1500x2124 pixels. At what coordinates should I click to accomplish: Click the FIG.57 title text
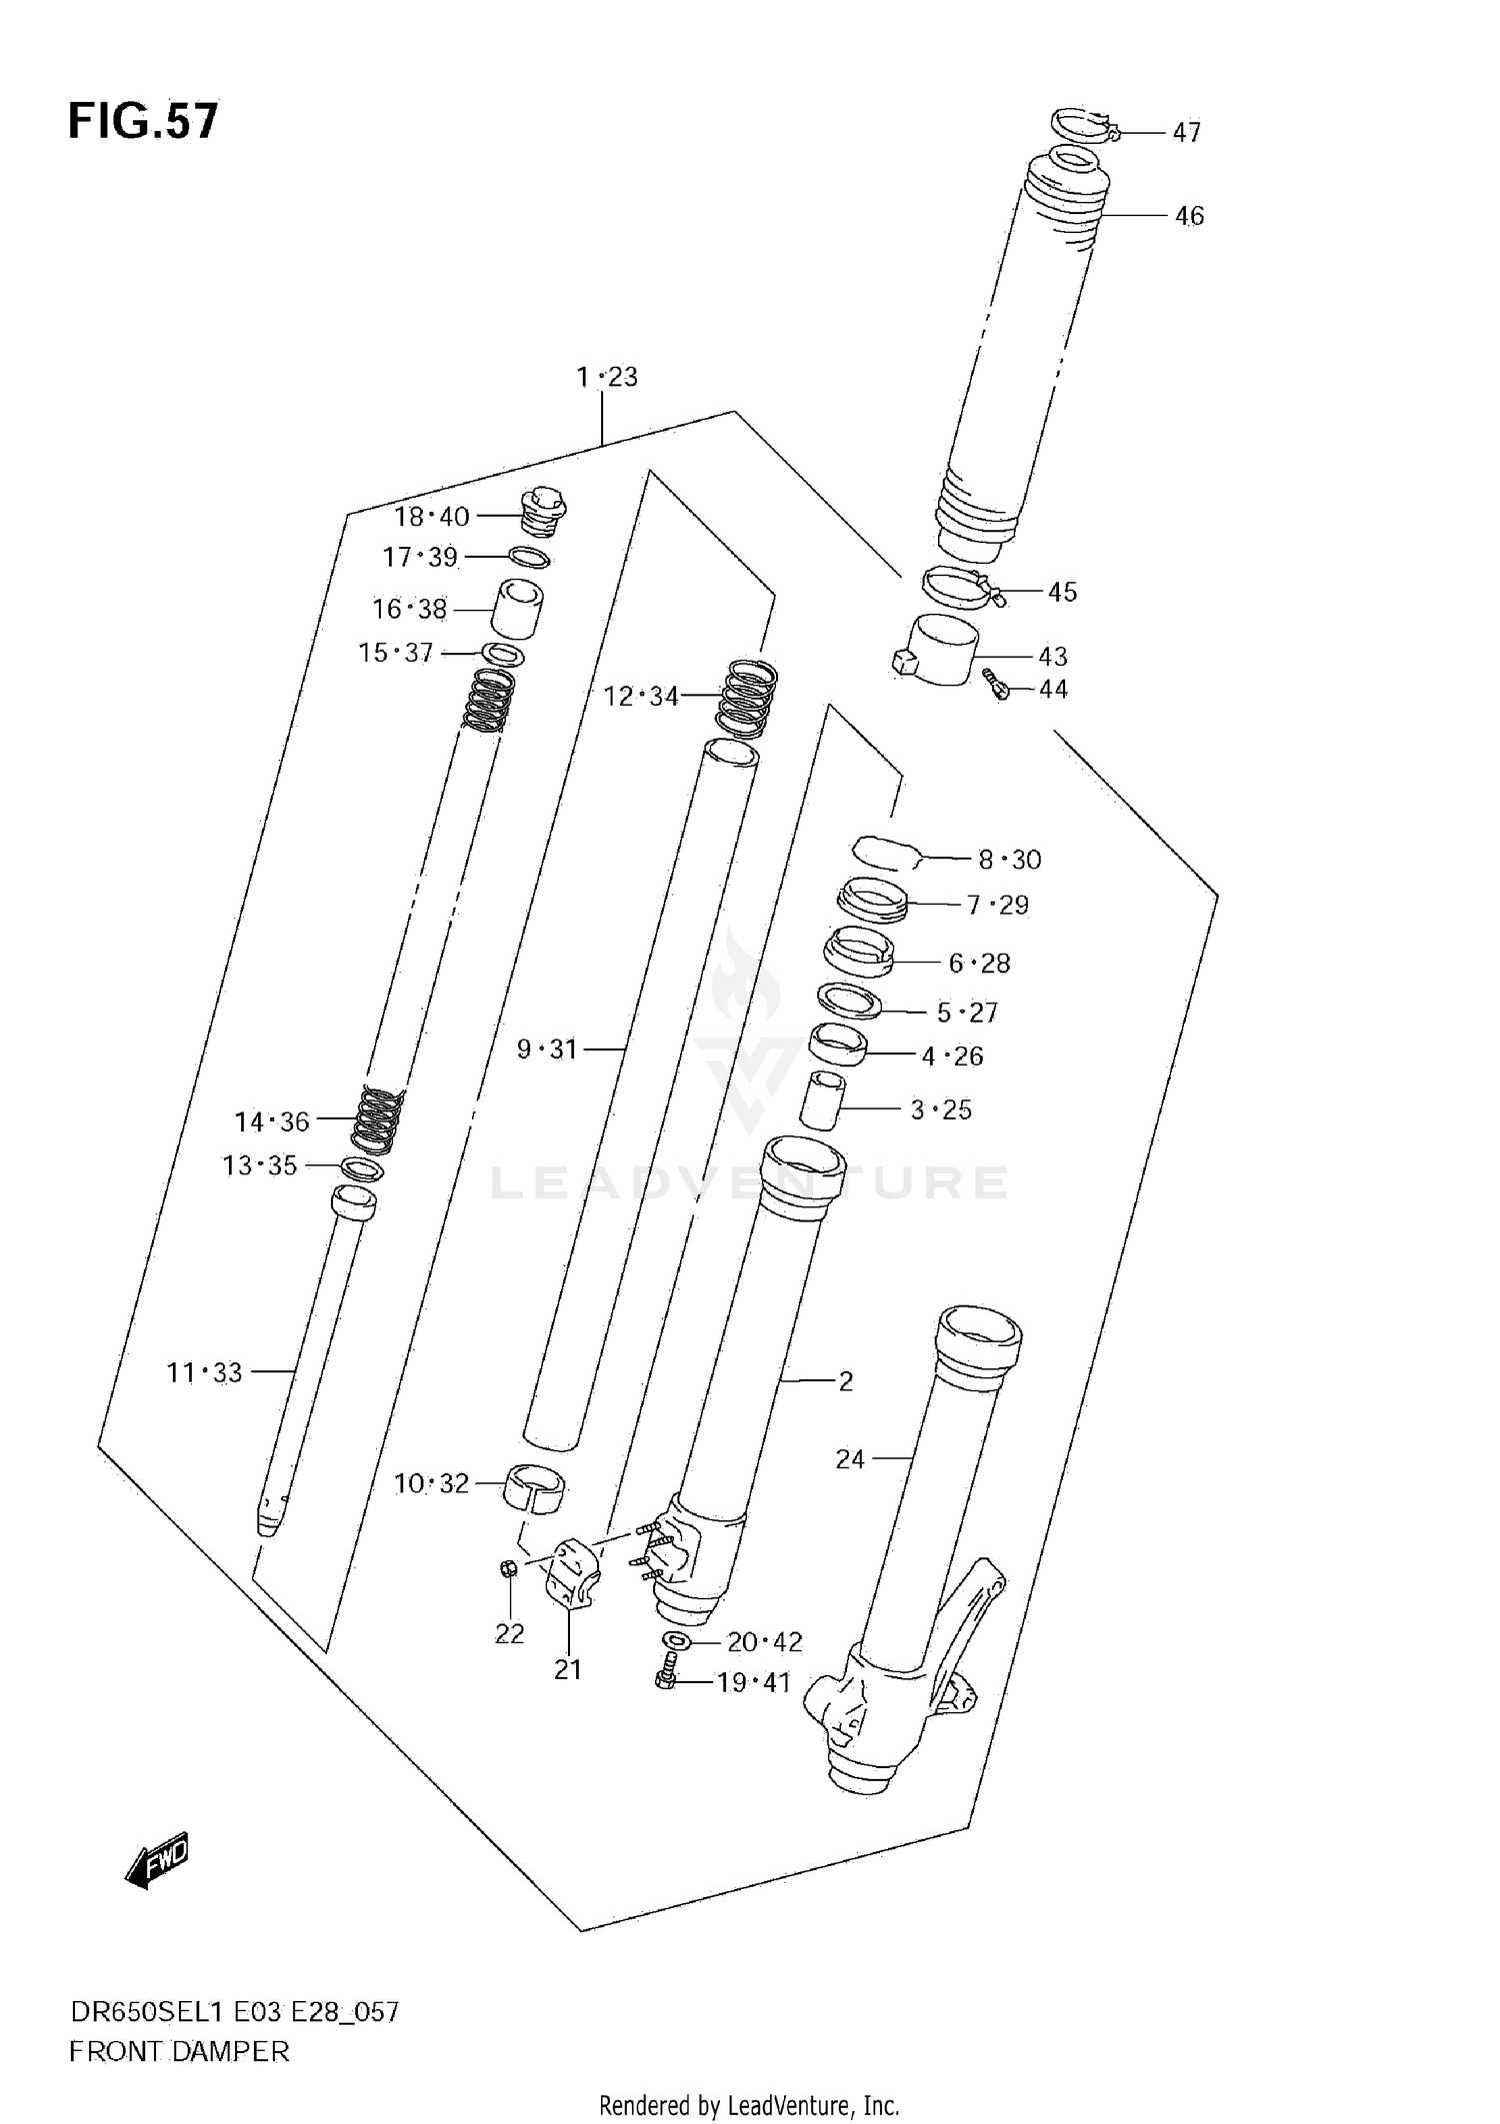(142, 121)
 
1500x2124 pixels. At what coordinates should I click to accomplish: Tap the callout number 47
(1186, 132)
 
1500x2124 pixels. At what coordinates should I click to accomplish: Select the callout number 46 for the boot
(1188, 216)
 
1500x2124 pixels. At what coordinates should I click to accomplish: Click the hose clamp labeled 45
(958, 588)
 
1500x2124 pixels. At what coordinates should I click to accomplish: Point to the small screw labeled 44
(996, 686)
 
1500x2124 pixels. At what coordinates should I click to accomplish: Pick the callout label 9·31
(547, 1050)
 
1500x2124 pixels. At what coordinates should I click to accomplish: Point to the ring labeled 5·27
(849, 1001)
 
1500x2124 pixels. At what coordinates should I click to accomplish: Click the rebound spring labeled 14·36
(380, 1119)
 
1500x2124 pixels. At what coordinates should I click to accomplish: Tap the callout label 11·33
(204, 1372)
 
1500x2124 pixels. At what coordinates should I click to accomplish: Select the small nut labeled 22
(508, 1568)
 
